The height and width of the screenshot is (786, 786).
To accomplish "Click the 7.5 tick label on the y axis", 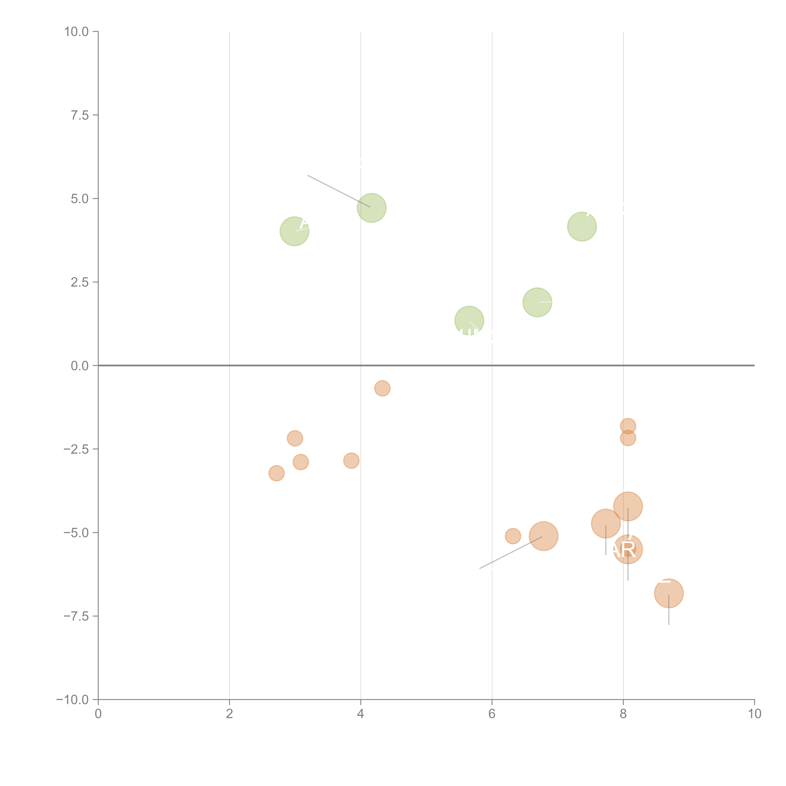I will pos(80,115).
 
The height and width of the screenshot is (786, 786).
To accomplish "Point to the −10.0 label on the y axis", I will pos(72,700).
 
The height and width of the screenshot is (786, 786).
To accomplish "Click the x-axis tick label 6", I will pos(492,714).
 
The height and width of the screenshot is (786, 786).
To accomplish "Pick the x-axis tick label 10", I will pos(754,714).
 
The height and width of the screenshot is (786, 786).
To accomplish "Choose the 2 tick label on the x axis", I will pos(230,714).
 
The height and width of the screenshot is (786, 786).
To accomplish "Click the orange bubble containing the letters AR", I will pos(628,550).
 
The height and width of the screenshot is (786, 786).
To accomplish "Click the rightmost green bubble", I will pos(582,227).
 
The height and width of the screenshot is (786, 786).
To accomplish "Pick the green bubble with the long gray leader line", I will pos(371,208).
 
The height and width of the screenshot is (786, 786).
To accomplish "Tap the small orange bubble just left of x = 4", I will pos(351,461).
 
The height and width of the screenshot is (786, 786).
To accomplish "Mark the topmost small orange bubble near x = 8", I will pos(628,426).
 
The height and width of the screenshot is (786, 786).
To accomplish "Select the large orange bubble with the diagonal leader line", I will pos(544,536).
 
